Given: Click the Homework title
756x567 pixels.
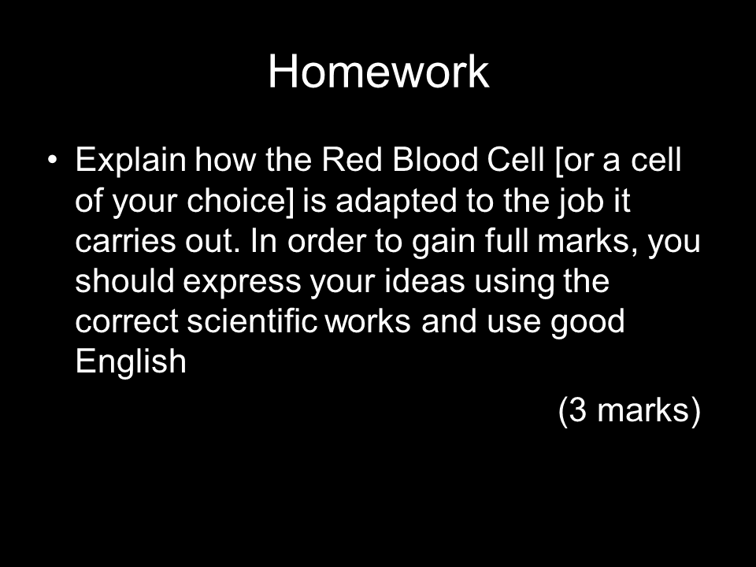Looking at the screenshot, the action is (x=379, y=72).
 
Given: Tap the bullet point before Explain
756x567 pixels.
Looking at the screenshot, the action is (x=53, y=159).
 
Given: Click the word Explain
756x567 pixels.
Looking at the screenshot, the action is (x=131, y=161).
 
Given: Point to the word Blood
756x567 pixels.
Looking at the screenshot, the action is (x=435, y=160).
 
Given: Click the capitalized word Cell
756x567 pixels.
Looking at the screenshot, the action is (x=515, y=160).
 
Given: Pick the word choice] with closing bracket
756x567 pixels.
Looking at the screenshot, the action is (x=240, y=201).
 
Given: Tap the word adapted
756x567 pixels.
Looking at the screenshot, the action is (x=396, y=202).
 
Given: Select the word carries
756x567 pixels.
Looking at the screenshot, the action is (x=125, y=241).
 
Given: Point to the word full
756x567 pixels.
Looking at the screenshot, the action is (x=506, y=241).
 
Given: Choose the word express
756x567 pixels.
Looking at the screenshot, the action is (x=242, y=283).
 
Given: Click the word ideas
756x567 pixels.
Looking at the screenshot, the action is (x=424, y=281).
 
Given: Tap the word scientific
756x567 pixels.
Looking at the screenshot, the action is (x=252, y=321).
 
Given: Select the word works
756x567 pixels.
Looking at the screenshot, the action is (x=369, y=321).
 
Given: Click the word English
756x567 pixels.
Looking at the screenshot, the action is (x=131, y=362).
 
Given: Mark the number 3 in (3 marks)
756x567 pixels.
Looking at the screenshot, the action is (x=577, y=410).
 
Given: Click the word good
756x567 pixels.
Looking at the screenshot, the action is (x=587, y=323).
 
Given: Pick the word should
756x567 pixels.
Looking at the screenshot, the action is (x=124, y=281).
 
